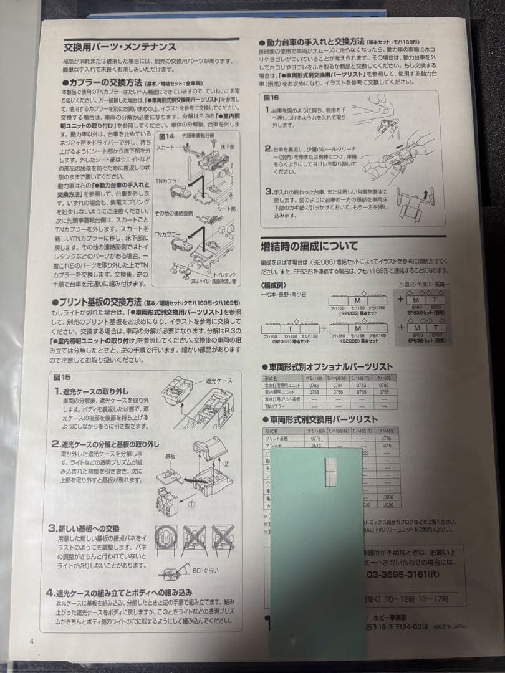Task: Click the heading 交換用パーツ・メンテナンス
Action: point(120,47)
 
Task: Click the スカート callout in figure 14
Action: point(165,148)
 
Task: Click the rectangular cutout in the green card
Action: point(331,470)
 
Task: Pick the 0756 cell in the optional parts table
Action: point(334,392)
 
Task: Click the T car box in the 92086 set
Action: point(291,328)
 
